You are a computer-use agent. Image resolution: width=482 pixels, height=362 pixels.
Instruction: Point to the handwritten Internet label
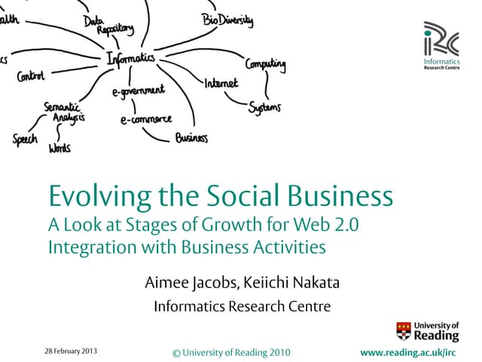(221, 82)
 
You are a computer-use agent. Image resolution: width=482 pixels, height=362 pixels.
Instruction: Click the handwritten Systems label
(264, 107)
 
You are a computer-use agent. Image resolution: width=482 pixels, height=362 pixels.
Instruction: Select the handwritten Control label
(31, 75)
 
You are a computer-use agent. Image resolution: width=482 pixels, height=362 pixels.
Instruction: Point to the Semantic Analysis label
(65, 112)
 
